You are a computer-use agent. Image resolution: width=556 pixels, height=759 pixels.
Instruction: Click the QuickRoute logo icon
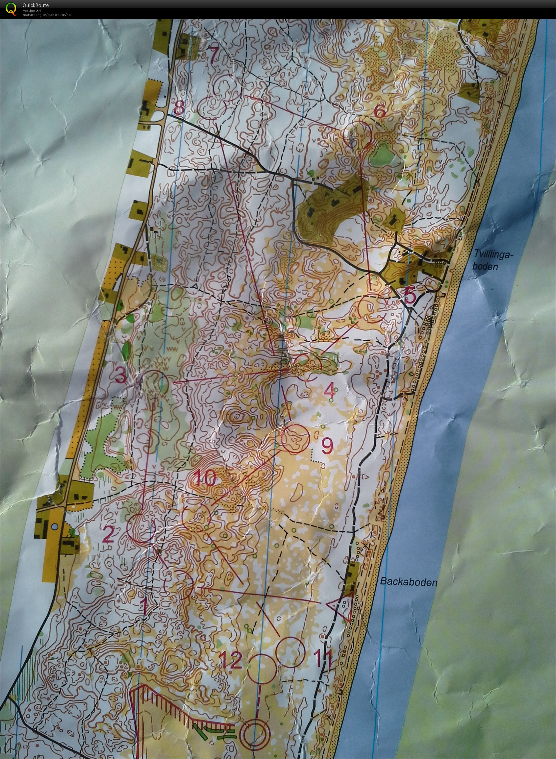pyautogui.click(x=11, y=8)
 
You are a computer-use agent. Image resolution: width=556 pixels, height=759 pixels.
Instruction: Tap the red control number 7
pyautogui.click(x=214, y=53)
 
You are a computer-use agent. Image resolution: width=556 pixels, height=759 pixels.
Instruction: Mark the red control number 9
pyautogui.click(x=327, y=446)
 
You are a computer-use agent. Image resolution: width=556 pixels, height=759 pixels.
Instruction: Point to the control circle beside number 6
pyautogui.click(x=356, y=133)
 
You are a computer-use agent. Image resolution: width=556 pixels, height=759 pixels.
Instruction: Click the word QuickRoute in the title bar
pyautogui.click(x=35, y=5)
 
